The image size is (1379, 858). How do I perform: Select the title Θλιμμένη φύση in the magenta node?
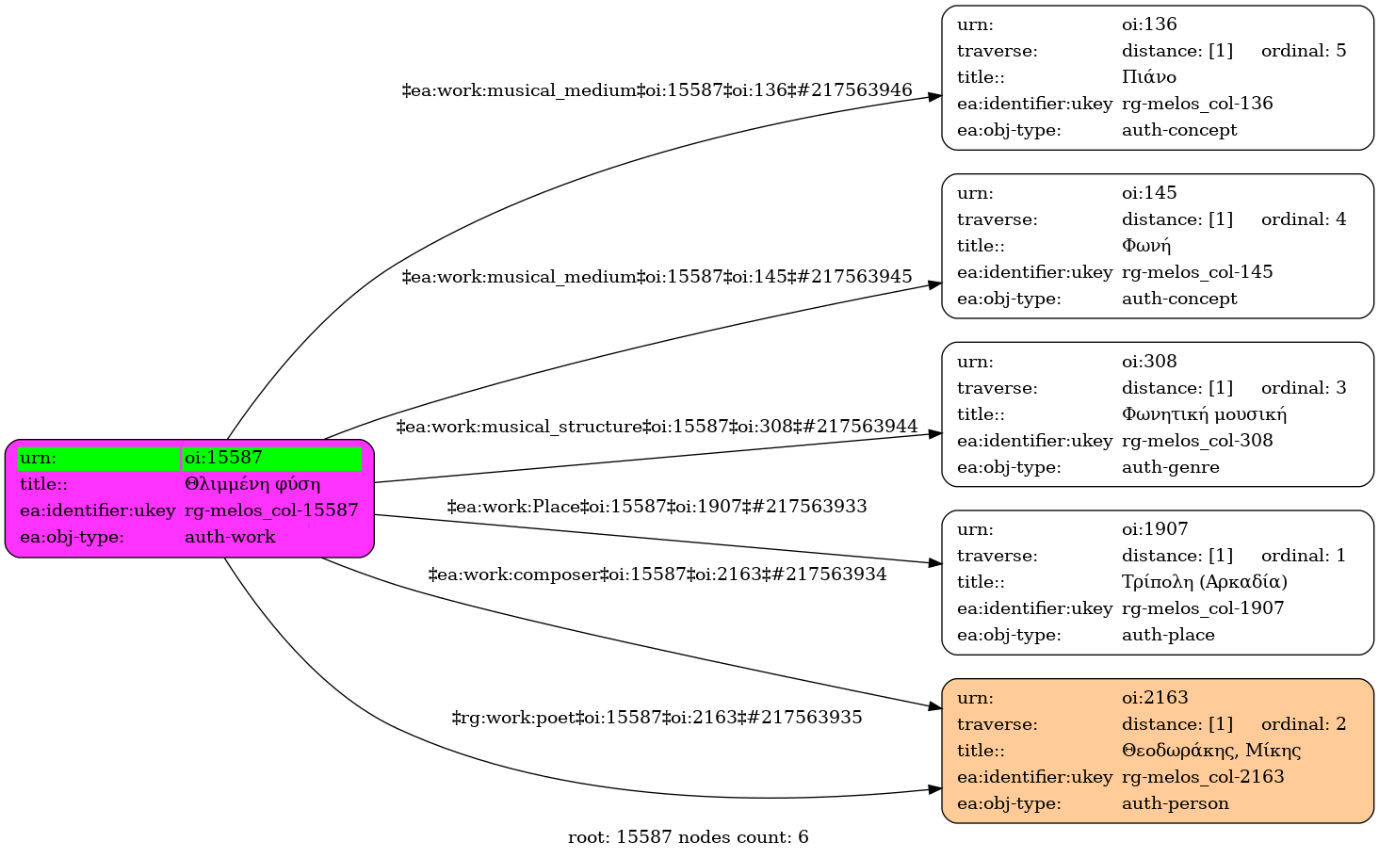[252, 484]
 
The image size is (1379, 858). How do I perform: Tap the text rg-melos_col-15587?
[271, 510]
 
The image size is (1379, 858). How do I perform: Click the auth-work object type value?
[230, 537]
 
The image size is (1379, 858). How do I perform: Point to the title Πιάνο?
[1149, 77]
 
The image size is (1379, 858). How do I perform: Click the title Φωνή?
[1145, 246]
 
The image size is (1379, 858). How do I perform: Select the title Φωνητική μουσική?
[1204, 414]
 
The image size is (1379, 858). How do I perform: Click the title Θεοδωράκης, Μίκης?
[1211, 751]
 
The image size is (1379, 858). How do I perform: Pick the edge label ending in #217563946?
[657, 90]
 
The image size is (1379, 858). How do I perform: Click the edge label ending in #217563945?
[657, 277]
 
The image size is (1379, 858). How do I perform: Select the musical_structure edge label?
[657, 427]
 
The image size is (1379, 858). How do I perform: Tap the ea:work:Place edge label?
[657, 507]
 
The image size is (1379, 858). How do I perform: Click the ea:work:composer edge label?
[657, 575]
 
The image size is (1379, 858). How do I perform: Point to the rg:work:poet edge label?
[657, 718]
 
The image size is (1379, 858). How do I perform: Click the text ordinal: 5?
[1304, 51]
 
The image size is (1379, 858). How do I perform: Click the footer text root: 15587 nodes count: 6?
[689, 837]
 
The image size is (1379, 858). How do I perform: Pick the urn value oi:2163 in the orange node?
[1155, 697]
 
